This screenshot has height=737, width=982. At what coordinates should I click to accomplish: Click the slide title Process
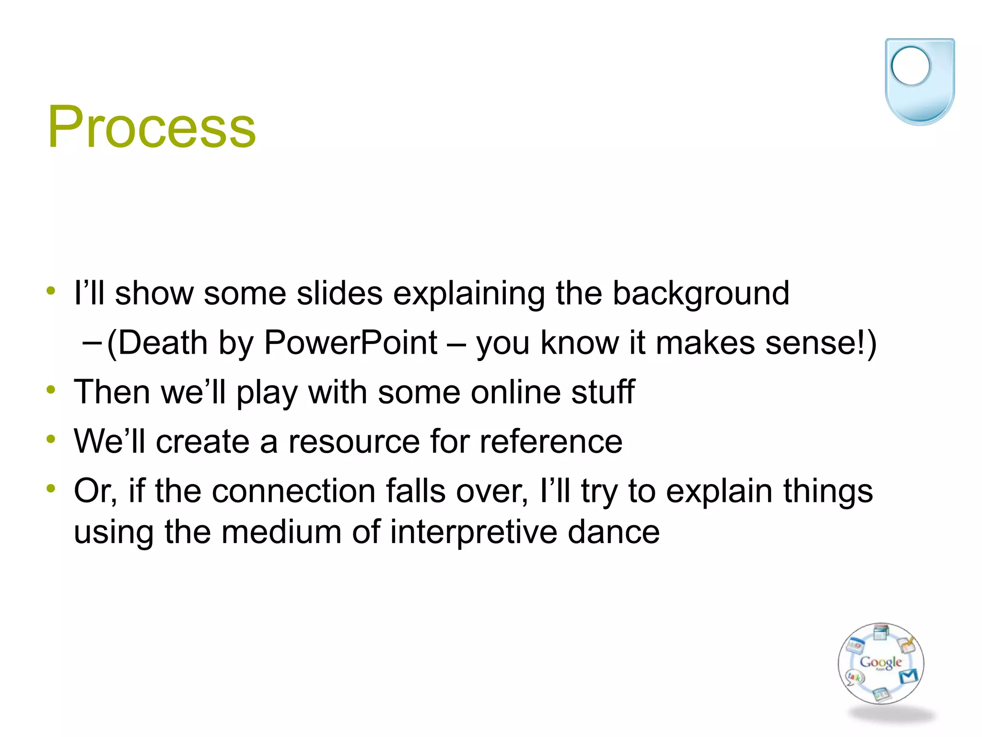[152, 127]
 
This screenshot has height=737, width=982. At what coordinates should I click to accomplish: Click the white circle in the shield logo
[910, 66]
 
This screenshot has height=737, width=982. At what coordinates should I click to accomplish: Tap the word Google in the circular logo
[881, 662]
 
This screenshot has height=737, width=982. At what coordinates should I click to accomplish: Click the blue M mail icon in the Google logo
[908, 676]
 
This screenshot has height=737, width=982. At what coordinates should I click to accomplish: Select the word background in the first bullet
[701, 294]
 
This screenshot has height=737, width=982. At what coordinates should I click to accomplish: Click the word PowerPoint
[351, 343]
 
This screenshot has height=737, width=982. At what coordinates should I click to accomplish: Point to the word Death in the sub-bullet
[163, 343]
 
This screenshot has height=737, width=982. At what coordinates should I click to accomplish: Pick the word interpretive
[473, 532]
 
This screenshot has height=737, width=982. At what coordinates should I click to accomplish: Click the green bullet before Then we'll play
[51, 390]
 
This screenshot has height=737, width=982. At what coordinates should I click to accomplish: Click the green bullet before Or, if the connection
[51, 489]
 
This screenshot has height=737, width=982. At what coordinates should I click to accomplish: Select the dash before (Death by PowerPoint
[91, 344]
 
